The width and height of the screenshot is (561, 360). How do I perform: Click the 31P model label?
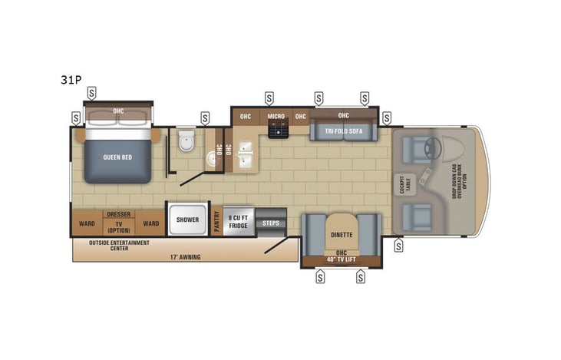72,79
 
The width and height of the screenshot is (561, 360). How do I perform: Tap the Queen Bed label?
118,157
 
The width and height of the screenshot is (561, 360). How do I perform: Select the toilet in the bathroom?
184,143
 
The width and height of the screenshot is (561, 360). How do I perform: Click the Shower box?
188,220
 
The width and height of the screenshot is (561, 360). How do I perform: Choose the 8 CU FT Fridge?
239,220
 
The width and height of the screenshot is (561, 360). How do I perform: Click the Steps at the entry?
271,223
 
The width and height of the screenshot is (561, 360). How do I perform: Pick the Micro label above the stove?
276,117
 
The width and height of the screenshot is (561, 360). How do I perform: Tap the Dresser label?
118,215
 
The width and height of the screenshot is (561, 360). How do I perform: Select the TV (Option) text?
118,226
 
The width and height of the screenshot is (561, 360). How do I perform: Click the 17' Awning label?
185,256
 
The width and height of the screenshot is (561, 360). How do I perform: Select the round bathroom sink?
210,159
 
